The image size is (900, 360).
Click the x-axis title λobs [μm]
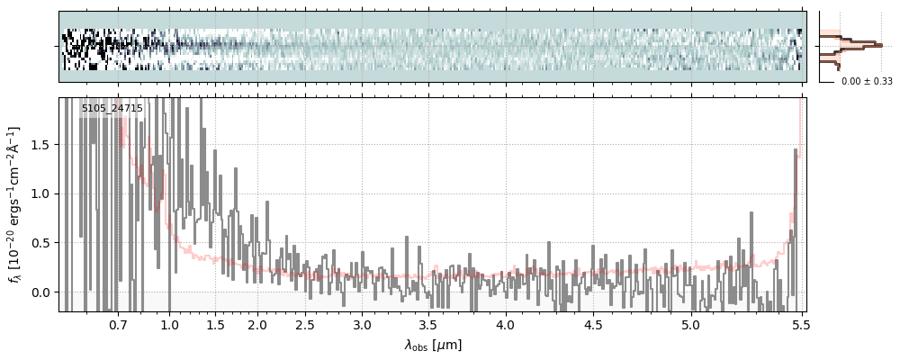(x=433, y=345)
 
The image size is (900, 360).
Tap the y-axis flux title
(x=15, y=205)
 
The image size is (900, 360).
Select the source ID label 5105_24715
(x=112, y=109)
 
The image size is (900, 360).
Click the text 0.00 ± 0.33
(x=866, y=82)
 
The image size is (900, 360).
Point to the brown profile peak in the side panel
(x=876, y=43)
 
